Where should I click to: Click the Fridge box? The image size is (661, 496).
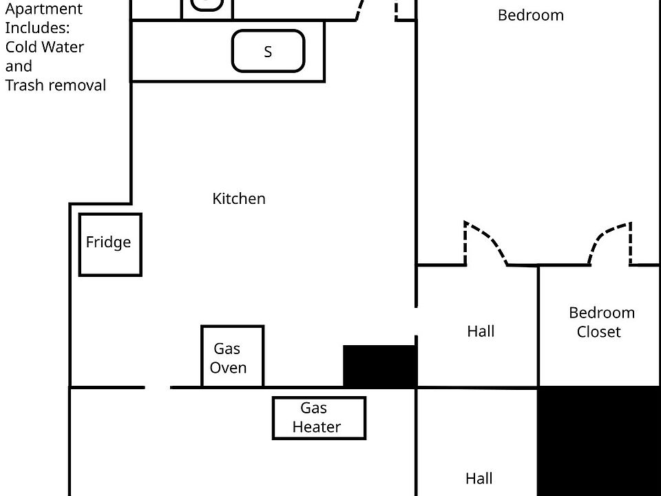110,245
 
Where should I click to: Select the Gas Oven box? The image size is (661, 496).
232,356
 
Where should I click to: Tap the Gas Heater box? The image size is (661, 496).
319,418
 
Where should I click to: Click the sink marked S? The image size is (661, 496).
268,51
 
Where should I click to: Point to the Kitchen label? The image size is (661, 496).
239,198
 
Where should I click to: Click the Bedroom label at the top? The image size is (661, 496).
531,15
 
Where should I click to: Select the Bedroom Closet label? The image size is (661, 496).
601,322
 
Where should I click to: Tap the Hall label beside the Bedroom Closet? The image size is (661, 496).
481,331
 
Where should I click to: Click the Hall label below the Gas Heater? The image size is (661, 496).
479,478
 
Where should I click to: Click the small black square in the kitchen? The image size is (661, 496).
379,366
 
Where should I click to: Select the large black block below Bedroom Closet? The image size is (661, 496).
600,441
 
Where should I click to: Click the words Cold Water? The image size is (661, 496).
45,47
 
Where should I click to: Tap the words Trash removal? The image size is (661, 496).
56,85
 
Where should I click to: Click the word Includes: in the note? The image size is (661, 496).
37,28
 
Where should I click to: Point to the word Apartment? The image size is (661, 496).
44,9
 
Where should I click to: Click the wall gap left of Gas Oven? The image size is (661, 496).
158,387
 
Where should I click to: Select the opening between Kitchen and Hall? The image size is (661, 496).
416,322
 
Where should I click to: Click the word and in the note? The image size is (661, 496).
19,66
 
